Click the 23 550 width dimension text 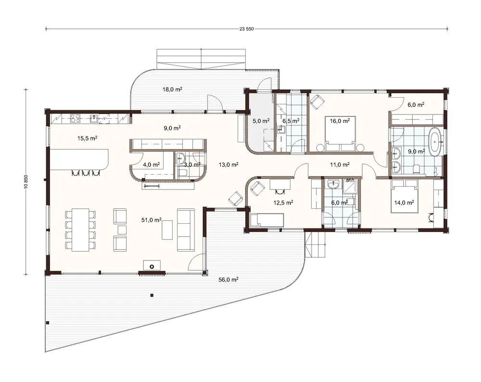click(x=246, y=28)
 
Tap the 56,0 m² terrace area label click(x=229, y=279)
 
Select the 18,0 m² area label click(x=172, y=89)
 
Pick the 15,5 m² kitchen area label click(x=88, y=138)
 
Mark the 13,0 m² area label click(x=228, y=165)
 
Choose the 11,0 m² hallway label click(x=339, y=165)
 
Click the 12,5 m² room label click(x=283, y=203)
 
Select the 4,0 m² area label click(x=151, y=164)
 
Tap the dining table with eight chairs click(x=78, y=229)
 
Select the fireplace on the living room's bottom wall click(x=152, y=266)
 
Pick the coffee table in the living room click(x=166, y=229)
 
